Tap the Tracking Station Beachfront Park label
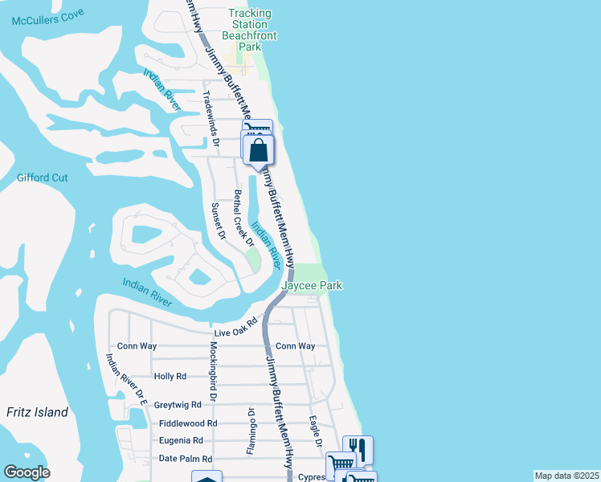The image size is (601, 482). pyautogui.click(x=250, y=31)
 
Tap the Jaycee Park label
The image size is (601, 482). pyautogui.click(x=312, y=285)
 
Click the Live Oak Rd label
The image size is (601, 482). pyautogui.click(x=235, y=326)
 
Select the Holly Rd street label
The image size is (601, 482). pyautogui.click(x=170, y=376)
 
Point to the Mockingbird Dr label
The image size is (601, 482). pyautogui.click(x=214, y=371)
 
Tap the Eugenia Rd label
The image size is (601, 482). pyautogui.click(x=181, y=440)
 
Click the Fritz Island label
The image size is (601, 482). pyautogui.click(x=37, y=412)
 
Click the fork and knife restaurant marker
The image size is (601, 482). pyautogui.click(x=358, y=450)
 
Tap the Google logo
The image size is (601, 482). pyautogui.click(x=27, y=472)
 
